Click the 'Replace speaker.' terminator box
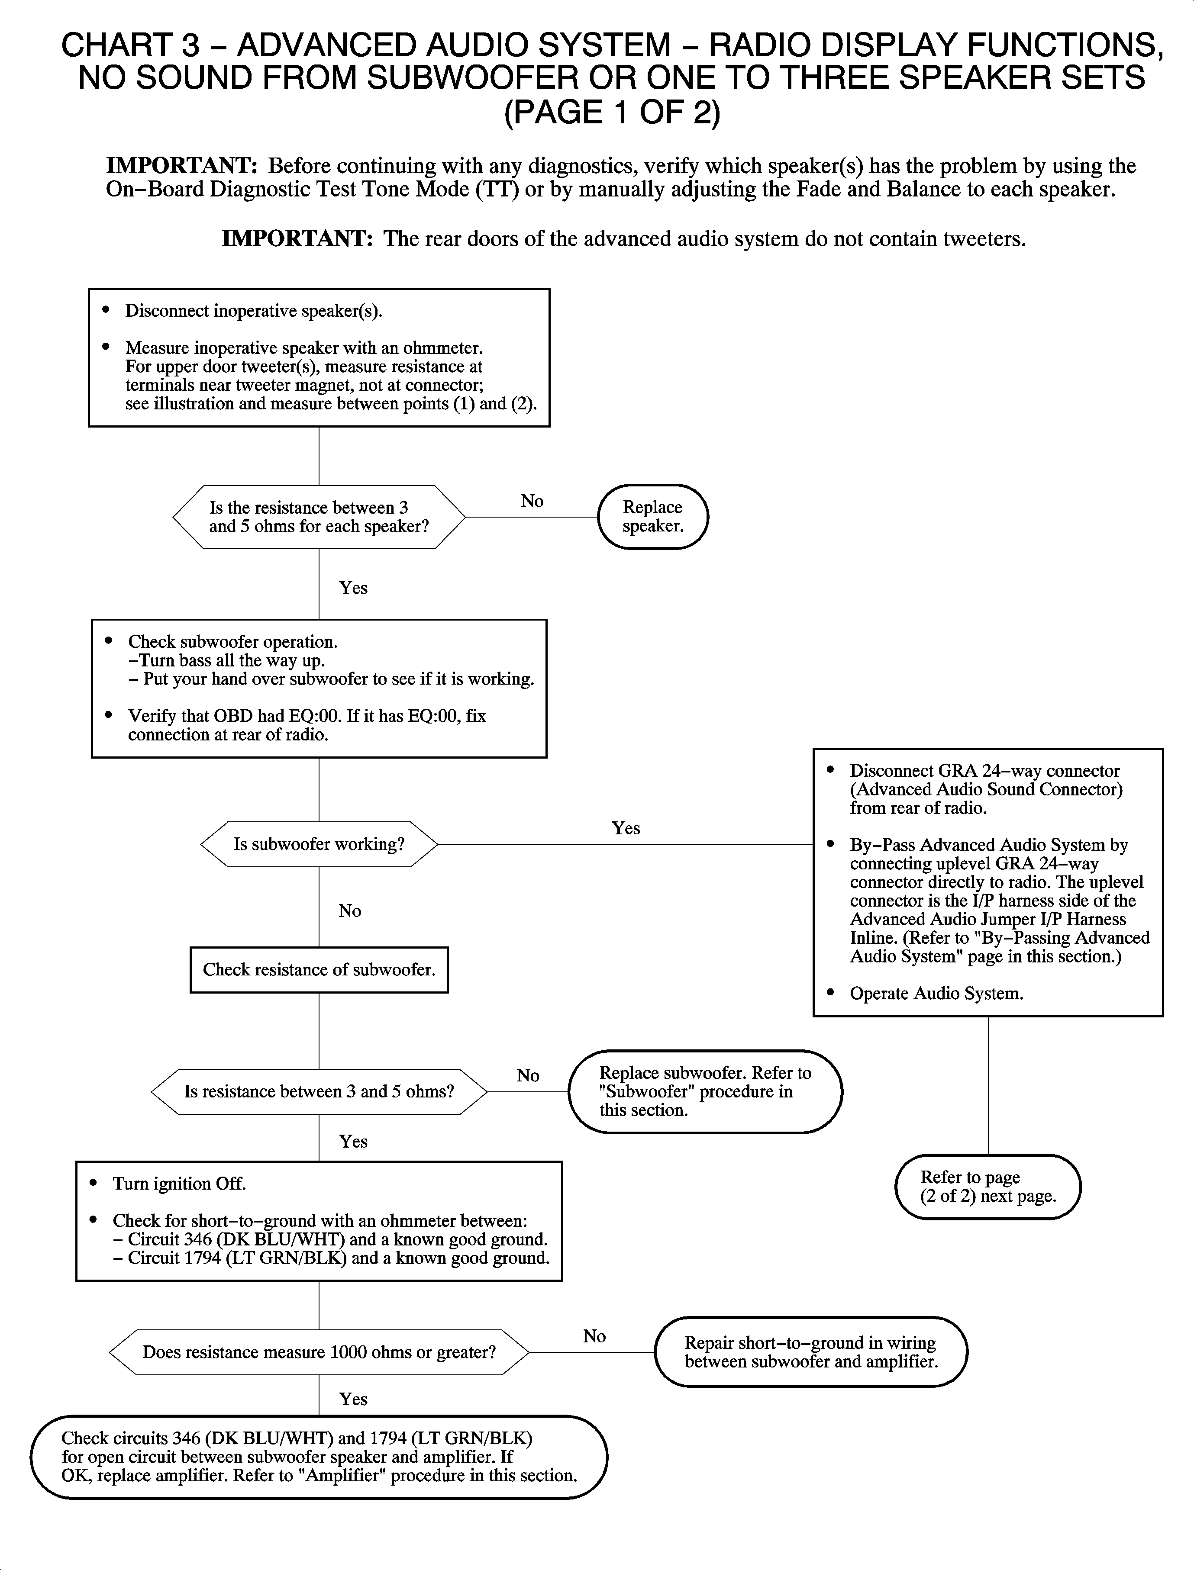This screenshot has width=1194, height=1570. click(652, 516)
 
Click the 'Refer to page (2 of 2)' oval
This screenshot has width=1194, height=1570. click(987, 1187)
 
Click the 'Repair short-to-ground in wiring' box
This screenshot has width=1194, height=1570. click(810, 1352)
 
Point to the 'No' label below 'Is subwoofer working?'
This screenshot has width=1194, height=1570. click(350, 911)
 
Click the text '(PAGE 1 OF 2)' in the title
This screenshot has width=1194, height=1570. click(612, 112)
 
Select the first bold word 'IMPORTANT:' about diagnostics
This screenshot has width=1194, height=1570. click(181, 165)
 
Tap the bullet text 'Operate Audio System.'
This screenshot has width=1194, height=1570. click(936, 993)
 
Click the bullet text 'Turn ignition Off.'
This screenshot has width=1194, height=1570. click(179, 1184)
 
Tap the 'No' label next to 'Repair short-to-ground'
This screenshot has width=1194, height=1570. click(594, 1336)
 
